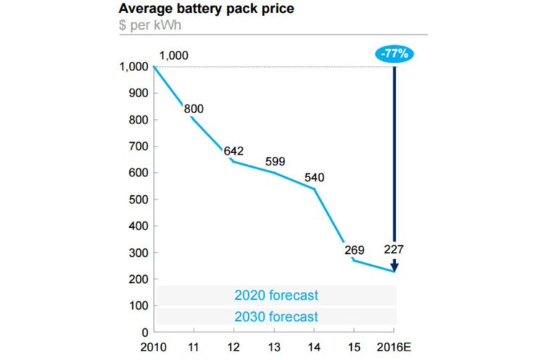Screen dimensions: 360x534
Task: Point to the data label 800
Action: pyautogui.click(x=194, y=109)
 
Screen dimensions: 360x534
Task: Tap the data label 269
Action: pyautogui.click(x=355, y=250)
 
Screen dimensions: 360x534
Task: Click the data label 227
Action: pyautogui.click(x=394, y=249)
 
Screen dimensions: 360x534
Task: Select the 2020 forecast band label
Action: pyautogui.click(x=276, y=295)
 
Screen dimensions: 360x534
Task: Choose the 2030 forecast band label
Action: pyautogui.click(x=276, y=316)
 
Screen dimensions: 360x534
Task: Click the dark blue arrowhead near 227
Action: pyautogui.click(x=394, y=266)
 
